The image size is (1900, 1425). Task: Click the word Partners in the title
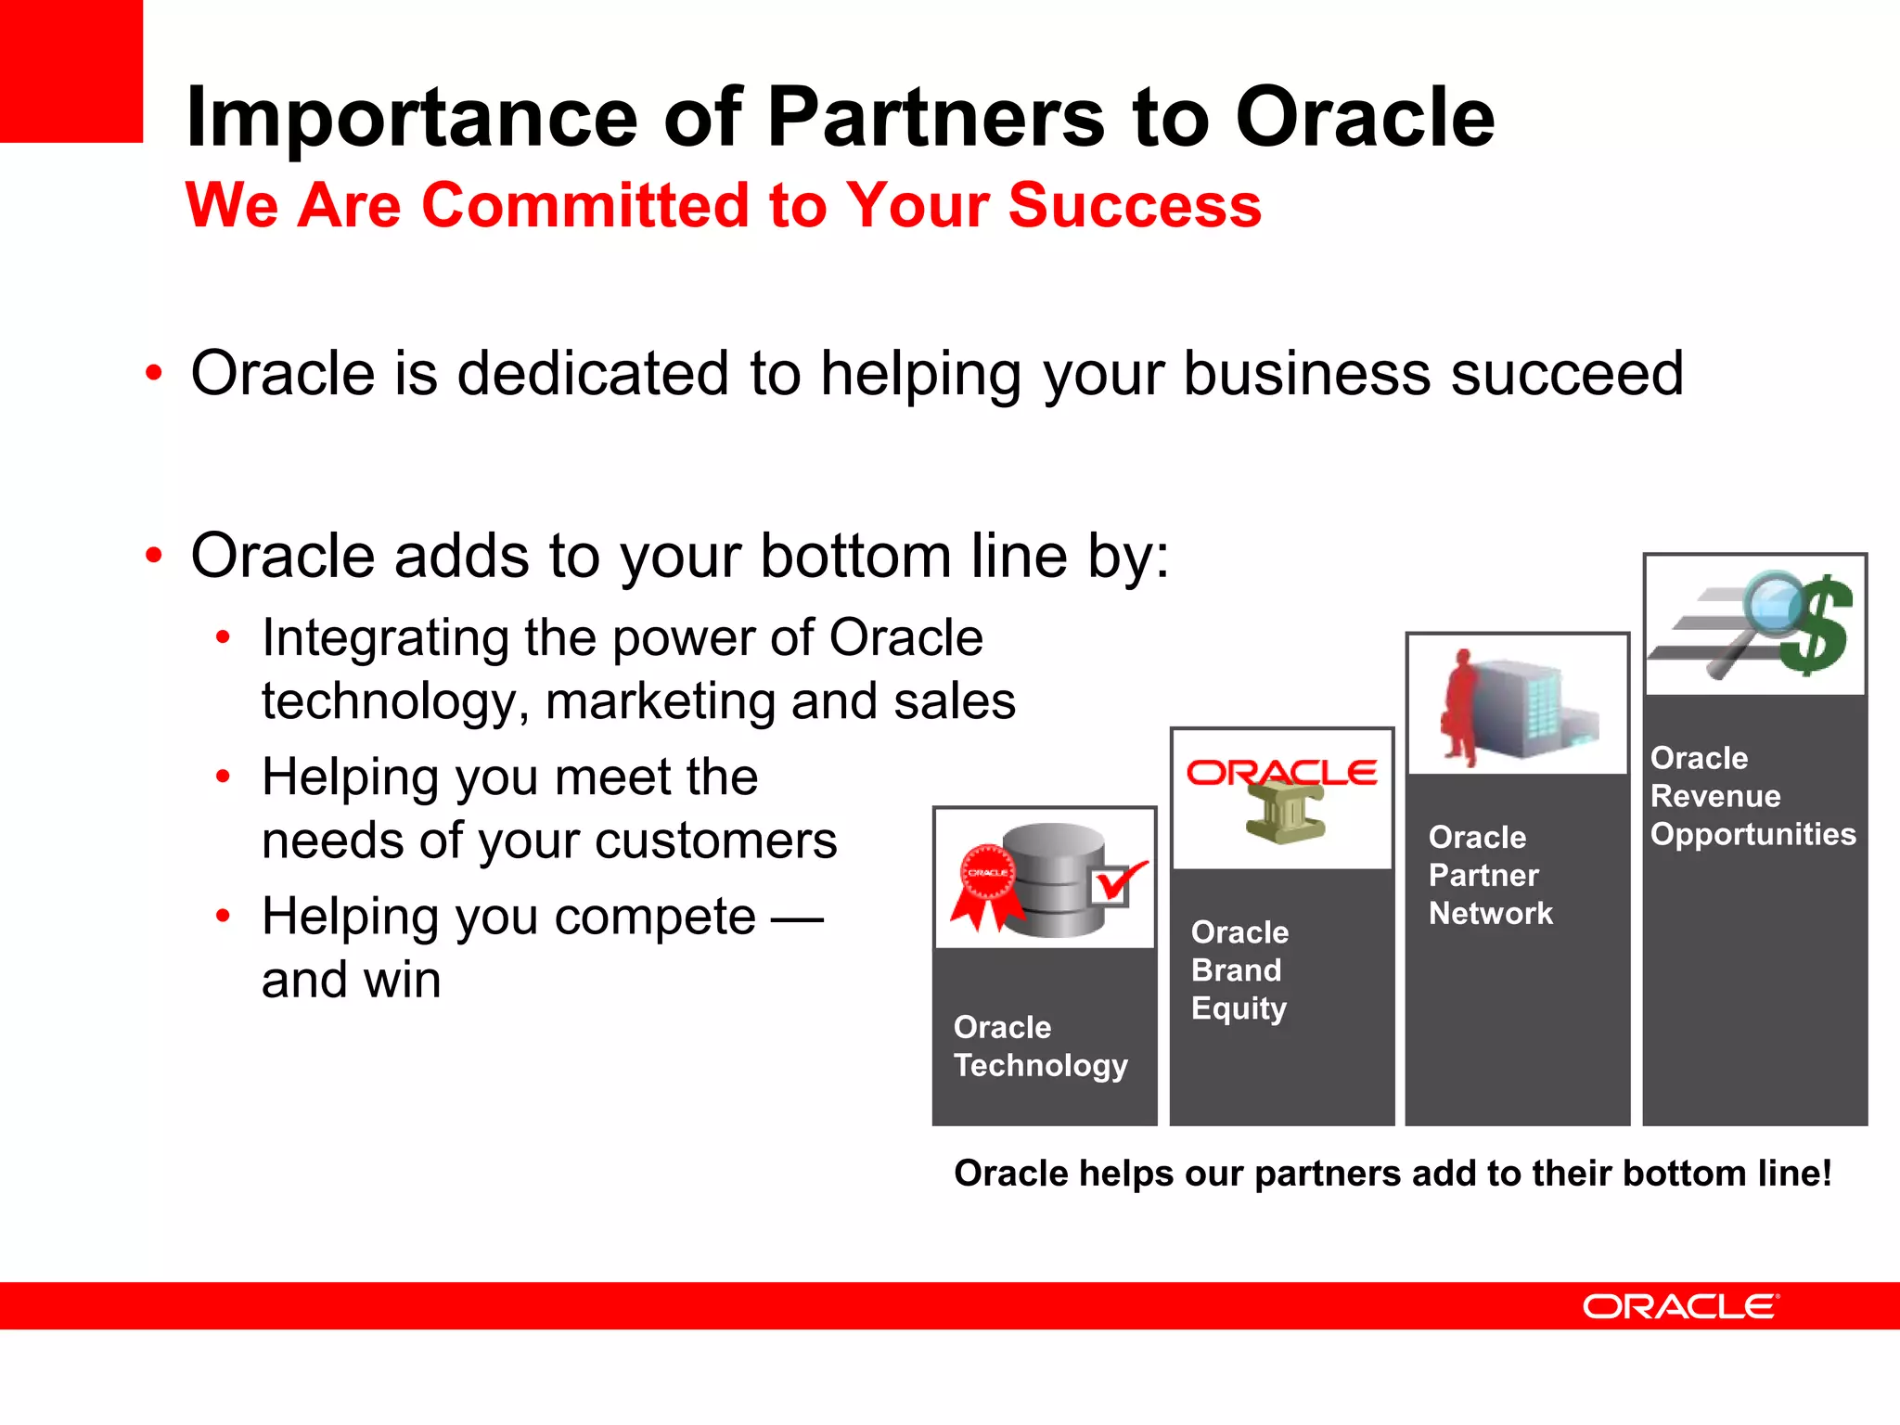click(936, 118)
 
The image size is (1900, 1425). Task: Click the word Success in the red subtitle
click(1134, 205)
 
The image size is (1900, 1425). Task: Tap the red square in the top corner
click(71, 71)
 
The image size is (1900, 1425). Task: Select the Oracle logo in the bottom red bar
click(1680, 1306)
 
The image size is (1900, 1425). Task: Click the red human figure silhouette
click(1460, 709)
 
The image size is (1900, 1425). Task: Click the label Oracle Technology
click(1040, 1046)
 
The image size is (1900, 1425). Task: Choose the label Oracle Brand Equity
click(1239, 970)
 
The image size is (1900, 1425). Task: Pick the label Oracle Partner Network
click(1489, 875)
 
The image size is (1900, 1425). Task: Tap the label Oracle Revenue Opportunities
click(1752, 796)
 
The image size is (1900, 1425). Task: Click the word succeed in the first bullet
click(1566, 374)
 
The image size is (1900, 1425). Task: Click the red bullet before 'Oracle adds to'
click(154, 557)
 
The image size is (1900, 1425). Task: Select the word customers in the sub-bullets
click(715, 841)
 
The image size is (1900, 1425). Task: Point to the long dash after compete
click(797, 919)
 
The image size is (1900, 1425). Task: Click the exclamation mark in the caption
click(1826, 1173)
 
